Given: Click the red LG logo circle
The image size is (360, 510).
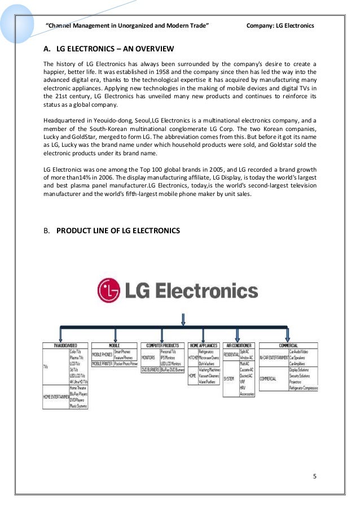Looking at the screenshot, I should pyautogui.click(x=109, y=290).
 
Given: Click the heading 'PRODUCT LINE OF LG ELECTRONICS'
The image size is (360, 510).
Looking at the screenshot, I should pyautogui.click(x=118, y=230).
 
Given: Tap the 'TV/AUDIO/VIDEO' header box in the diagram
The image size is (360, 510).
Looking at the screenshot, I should pyautogui.click(x=66, y=345).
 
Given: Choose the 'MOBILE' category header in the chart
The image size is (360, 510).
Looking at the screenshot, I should pyautogui.click(x=114, y=345).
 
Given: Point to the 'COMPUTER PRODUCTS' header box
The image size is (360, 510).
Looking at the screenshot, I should pyautogui.click(x=163, y=345).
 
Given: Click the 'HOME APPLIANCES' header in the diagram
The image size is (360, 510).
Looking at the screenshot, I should pyautogui.click(x=204, y=345).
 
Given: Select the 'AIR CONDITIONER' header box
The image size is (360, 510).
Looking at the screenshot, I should pyautogui.click(x=239, y=345).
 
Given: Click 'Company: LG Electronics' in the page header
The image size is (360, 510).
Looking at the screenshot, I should pyautogui.click(x=280, y=26).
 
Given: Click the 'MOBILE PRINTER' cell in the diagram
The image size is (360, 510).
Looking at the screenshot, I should pyautogui.click(x=103, y=364).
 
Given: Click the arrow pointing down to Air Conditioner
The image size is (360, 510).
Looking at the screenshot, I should pyautogui.click(x=240, y=333).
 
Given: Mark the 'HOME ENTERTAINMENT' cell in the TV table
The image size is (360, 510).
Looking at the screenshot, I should pyautogui.click(x=55, y=397).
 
